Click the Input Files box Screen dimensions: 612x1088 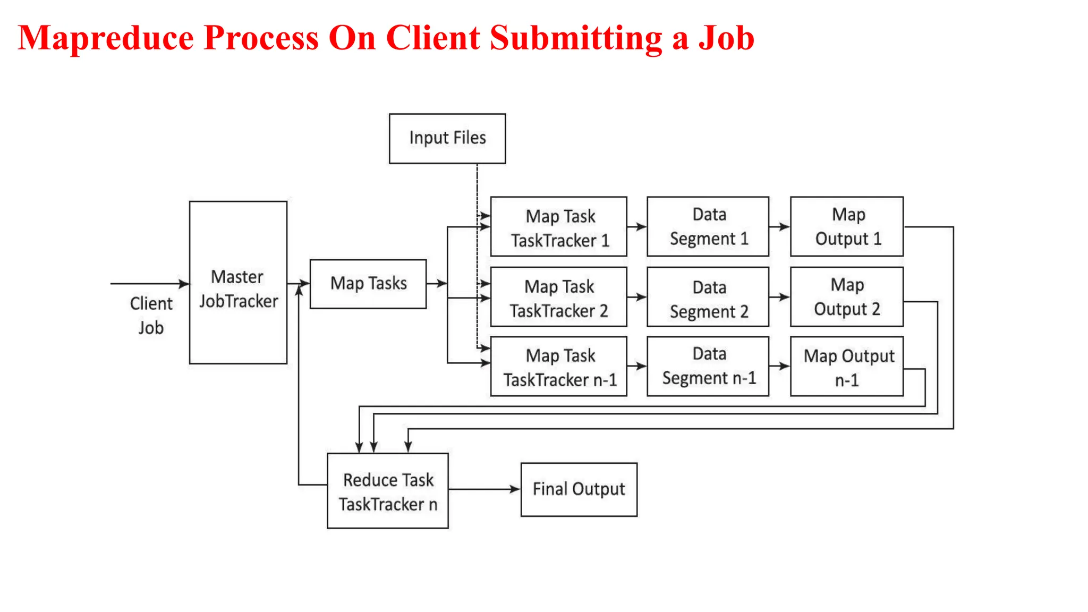tap(447, 138)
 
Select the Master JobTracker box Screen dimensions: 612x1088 tap(238, 283)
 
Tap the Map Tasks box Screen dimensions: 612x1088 tap(368, 284)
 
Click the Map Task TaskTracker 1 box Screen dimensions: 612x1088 tap(558, 227)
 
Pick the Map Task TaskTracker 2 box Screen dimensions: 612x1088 tap(558, 297)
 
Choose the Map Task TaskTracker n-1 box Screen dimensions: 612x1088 tap(558, 367)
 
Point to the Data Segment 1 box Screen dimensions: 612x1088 tap(708, 227)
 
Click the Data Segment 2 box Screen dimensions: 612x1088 tap(708, 297)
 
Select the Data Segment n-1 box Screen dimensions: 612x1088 tap(708, 367)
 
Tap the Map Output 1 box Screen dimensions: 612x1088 tap(847, 227)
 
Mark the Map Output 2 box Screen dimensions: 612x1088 tap(847, 297)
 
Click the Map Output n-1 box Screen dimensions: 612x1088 tap(847, 367)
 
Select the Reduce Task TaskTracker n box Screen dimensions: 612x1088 tap(388, 491)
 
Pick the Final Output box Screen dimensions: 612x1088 tap(579, 489)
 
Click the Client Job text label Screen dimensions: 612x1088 tap(151, 316)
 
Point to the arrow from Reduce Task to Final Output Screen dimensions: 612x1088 tap(484, 489)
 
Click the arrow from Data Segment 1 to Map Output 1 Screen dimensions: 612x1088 tap(779, 227)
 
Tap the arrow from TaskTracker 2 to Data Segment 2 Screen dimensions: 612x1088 tap(636, 297)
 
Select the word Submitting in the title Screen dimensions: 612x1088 tap(576, 38)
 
